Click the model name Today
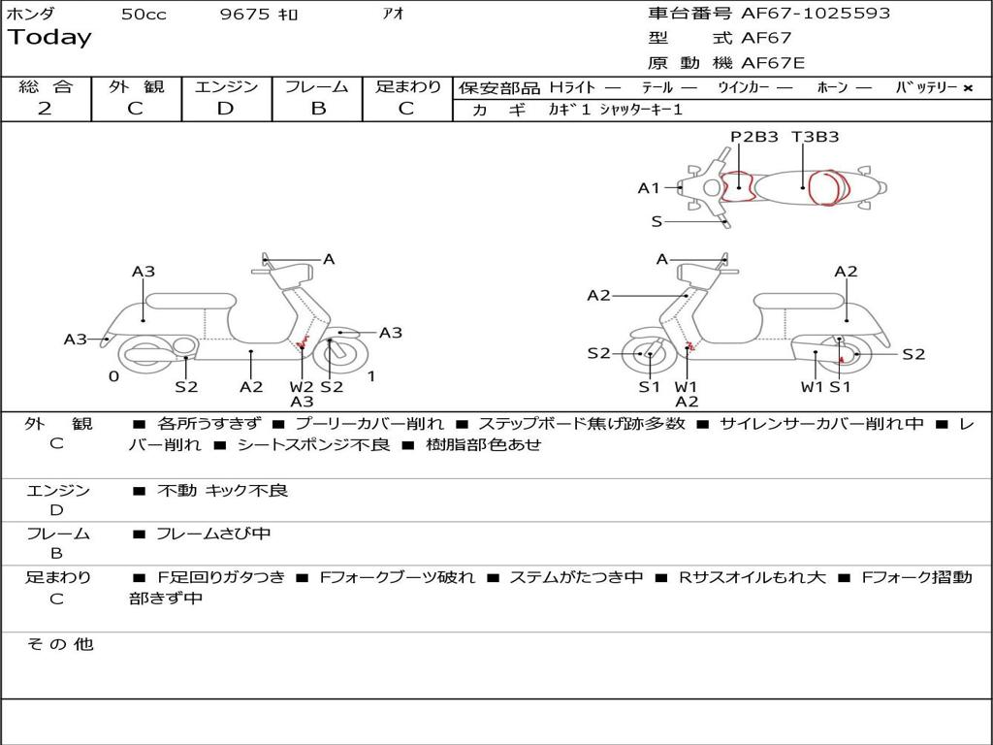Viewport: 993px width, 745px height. click(x=49, y=38)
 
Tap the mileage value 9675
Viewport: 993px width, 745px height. click(x=244, y=15)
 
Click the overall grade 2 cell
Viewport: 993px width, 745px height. click(x=45, y=109)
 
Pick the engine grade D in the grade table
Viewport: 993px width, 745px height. click(x=225, y=109)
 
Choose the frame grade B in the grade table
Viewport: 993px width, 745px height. click(x=317, y=109)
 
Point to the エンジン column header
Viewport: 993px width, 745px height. click(x=226, y=87)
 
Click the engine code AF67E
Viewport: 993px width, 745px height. click(x=773, y=63)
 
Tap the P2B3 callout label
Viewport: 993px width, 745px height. click(x=754, y=137)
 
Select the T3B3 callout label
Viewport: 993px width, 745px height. click(x=815, y=137)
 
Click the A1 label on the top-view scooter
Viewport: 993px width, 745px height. click(x=649, y=188)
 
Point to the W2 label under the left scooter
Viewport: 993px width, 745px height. click(x=302, y=386)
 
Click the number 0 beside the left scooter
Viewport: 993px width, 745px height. click(x=113, y=376)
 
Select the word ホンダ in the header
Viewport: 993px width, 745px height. click(x=31, y=14)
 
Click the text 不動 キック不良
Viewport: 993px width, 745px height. click(x=222, y=491)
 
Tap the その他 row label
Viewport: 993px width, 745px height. click(x=59, y=644)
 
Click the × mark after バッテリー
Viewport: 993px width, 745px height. click(x=967, y=88)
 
